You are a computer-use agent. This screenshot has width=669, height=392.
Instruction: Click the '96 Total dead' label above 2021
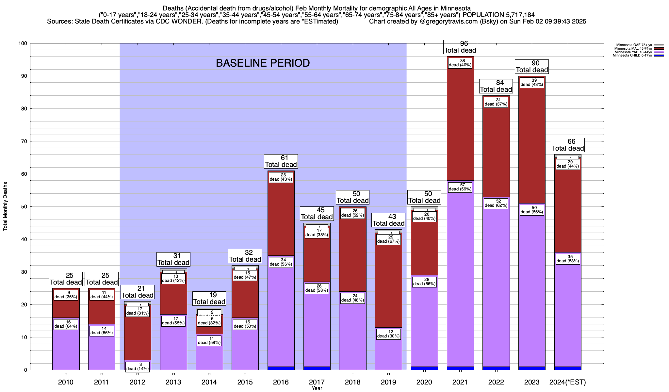(460, 47)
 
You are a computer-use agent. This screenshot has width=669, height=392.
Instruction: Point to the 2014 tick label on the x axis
(209, 382)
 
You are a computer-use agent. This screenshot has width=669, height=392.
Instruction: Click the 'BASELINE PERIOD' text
(263, 63)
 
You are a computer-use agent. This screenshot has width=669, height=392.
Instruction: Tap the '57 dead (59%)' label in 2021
(460, 187)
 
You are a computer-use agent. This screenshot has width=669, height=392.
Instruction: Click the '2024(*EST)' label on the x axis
(568, 382)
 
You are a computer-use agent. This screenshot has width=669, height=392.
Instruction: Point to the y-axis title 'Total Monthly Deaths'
(5, 206)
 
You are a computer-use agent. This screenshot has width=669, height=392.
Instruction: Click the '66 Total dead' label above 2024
(568, 145)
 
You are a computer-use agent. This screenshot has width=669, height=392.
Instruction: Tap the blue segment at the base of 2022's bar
(496, 368)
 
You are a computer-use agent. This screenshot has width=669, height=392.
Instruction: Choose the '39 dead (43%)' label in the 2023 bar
(532, 82)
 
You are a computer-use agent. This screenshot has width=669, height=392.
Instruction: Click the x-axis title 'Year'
(317, 388)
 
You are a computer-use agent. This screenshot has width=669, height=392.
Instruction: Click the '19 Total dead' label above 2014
(209, 299)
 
